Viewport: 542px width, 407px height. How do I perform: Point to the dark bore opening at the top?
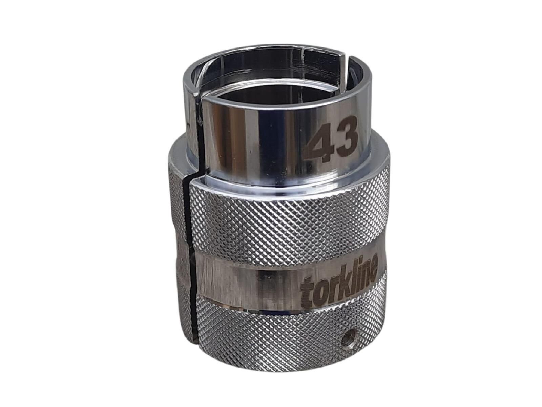tap(271, 88)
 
